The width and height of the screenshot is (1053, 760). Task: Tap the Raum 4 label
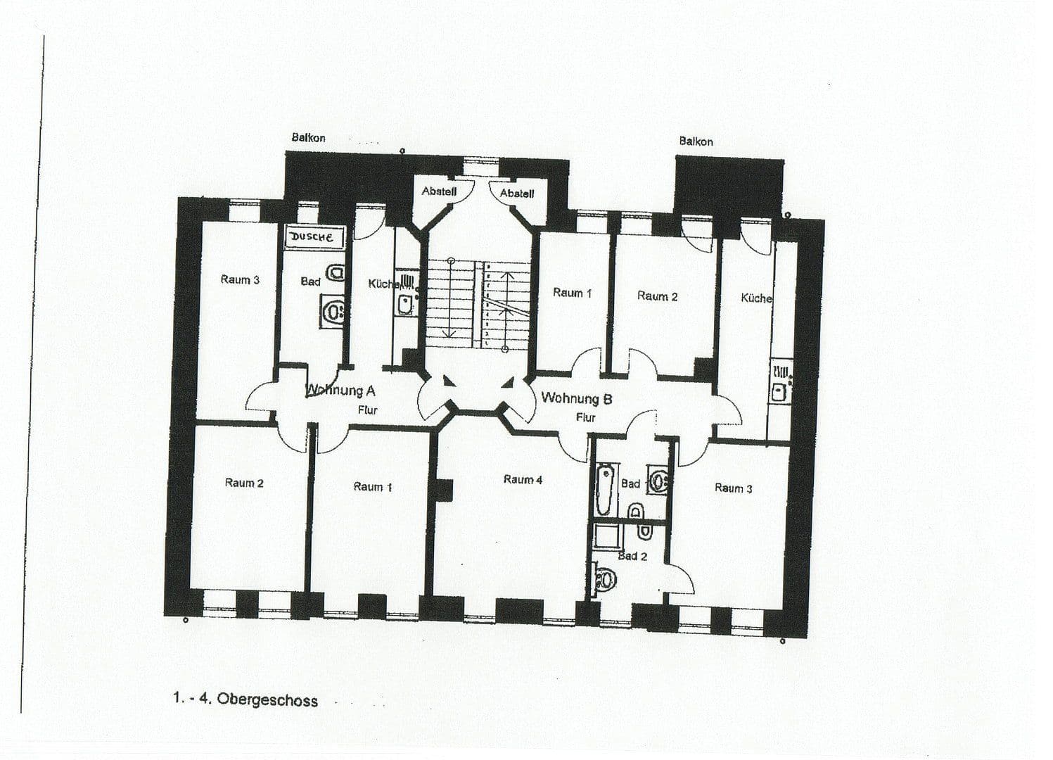[x=523, y=480]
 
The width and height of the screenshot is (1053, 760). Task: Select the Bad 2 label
[x=632, y=556]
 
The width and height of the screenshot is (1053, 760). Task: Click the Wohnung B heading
[x=576, y=398]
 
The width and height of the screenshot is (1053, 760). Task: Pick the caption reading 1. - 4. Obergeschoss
[x=245, y=699]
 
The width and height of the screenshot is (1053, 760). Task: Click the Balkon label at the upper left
[x=308, y=138]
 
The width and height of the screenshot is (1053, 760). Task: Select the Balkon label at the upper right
[x=696, y=141]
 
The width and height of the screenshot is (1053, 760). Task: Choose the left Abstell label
[x=439, y=191]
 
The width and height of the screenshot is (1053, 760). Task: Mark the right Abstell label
[x=517, y=193]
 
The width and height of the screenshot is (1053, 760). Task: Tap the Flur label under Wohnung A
[x=368, y=410]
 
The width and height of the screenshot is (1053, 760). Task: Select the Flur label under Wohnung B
[x=586, y=417]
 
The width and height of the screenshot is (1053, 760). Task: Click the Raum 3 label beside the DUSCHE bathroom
[x=240, y=280]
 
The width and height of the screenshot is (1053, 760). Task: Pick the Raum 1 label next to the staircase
[x=572, y=293]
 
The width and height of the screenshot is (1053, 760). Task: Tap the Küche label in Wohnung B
[x=756, y=298]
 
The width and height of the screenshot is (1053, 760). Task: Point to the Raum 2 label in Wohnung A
[x=244, y=483]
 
